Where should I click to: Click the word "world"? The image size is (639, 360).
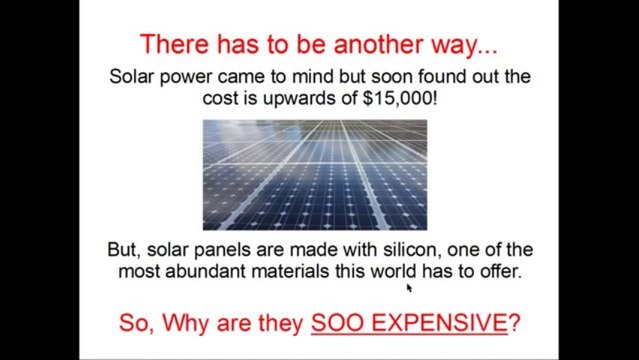click(398, 271)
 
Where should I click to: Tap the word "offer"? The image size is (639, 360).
click(497, 271)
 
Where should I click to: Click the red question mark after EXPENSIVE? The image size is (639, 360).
click(514, 323)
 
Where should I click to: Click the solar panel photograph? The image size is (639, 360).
click(314, 174)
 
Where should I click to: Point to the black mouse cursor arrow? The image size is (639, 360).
click(409, 288)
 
